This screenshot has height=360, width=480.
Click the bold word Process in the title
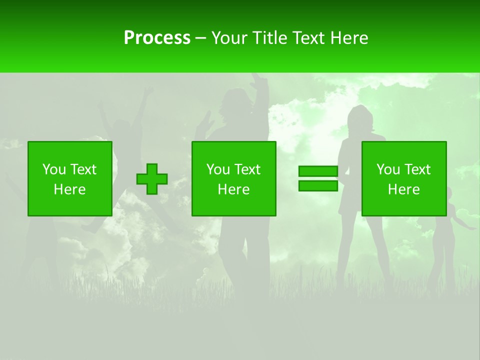157,38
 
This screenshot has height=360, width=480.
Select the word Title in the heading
271,38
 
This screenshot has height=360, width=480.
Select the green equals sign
318,178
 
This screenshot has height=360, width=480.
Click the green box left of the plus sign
69,178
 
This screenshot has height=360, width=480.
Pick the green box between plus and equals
233,178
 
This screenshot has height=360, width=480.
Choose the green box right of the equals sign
403,178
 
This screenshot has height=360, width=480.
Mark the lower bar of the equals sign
318,185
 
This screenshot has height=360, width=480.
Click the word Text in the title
307,38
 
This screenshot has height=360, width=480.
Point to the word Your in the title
230,38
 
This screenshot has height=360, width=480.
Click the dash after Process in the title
201,38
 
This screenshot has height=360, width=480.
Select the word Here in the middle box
233,189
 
